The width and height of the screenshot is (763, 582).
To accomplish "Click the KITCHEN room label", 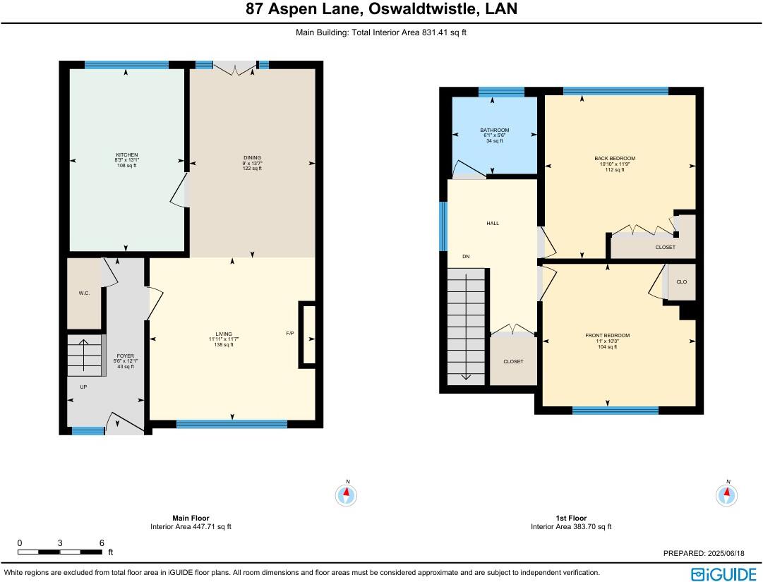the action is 126,155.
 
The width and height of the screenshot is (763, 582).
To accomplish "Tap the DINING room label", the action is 252,157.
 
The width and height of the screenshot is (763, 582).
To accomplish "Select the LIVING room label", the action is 224,334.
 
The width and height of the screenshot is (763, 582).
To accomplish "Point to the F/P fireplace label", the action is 290,333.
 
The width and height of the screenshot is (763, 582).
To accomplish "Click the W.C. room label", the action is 84,293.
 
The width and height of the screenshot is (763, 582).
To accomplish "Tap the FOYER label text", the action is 126,356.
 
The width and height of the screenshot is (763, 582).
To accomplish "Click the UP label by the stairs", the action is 84,387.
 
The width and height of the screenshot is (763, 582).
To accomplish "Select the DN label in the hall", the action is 466,256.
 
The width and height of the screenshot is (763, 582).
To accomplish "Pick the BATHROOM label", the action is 494,131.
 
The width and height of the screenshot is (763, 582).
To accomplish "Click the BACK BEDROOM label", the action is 615,159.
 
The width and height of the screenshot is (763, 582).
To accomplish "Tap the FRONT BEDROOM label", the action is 607,336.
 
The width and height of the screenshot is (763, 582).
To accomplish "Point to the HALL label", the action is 493,223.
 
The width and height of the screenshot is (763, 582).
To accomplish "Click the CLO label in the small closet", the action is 682,282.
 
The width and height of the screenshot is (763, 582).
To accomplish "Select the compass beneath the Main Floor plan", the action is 347,495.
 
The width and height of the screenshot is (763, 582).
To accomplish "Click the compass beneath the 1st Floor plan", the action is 727,495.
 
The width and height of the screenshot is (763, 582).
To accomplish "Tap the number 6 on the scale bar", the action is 102,543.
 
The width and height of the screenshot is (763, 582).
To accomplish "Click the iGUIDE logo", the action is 724,574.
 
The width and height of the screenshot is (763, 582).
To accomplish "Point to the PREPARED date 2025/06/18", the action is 726,553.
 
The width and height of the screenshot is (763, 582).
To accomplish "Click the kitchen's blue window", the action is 126,65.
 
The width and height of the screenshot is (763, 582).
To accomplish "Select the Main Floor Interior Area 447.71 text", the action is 191,526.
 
